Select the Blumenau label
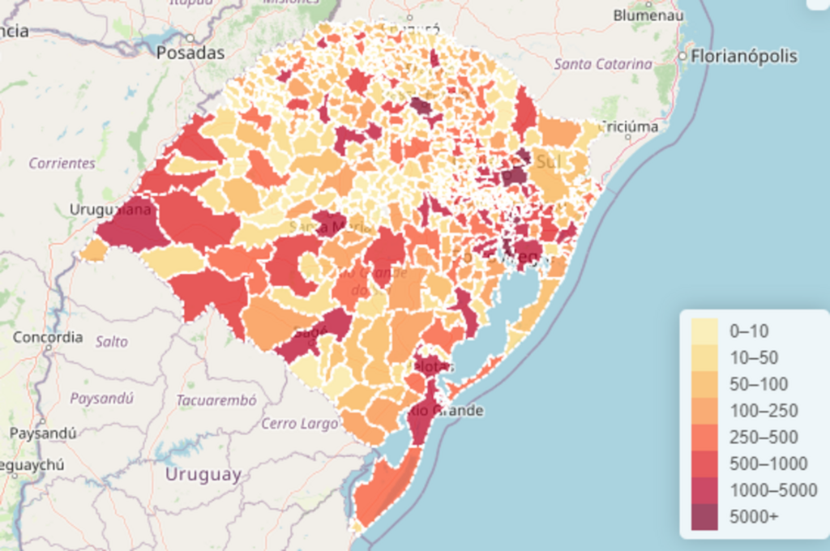[647, 15]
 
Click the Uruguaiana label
[110, 210]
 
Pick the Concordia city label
[48, 337]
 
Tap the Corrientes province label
[62, 163]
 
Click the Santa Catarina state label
[603, 63]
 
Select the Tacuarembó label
[216, 399]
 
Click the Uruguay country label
[203, 475]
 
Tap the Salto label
[112, 341]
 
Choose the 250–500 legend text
[764, 438]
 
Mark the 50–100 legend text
[759, 384]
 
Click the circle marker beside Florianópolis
[683, 57]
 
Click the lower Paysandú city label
[42, 433]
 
